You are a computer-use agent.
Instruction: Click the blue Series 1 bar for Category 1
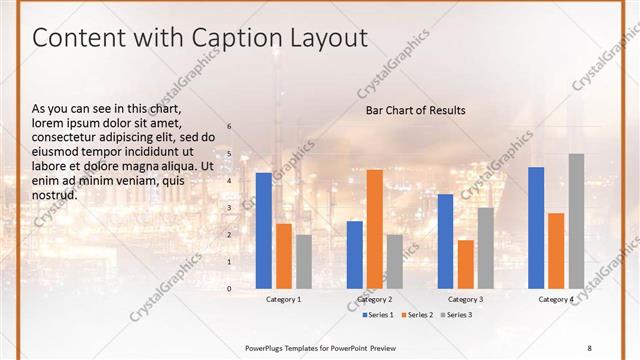264,230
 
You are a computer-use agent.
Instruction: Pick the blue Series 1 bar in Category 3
446,241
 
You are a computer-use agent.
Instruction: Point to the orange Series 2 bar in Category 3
466,264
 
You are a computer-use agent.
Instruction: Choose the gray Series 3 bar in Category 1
304,261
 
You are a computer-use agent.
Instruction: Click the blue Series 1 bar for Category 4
536,227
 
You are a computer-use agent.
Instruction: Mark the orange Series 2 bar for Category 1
284,256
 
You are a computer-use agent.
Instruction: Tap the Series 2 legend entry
419,315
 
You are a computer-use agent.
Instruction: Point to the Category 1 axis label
284,300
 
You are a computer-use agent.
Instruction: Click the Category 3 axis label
465,300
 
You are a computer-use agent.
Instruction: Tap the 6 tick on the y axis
229,126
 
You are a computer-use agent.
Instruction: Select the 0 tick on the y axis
229,288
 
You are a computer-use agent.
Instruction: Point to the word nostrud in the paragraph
54,194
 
